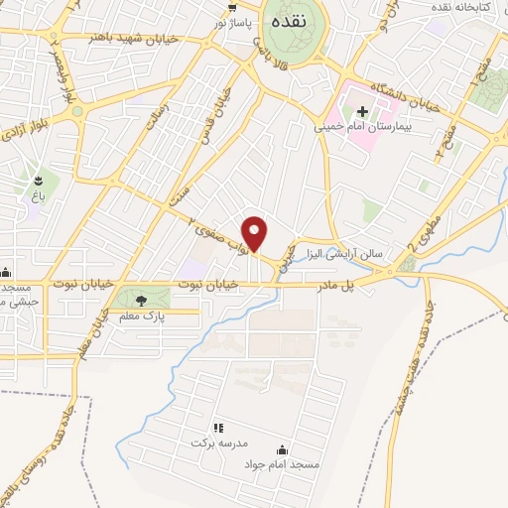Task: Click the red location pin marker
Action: tap(255, 232)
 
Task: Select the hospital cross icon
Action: tap(363, 111)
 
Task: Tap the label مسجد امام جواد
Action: tap(281, 465)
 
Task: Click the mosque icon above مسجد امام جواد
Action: tap(281, 449)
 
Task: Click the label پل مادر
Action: tap(334, 285)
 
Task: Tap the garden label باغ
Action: tap(39, 196)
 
